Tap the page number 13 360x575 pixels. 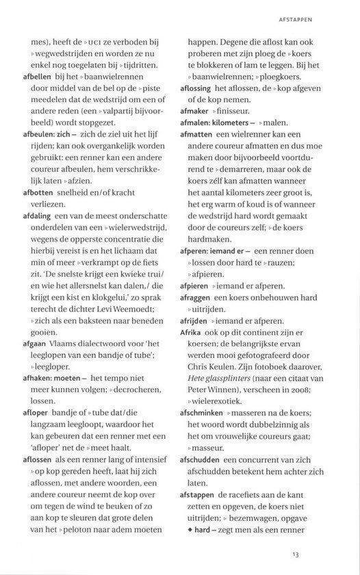click(296, 554)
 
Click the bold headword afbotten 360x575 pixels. click(37, 212)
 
